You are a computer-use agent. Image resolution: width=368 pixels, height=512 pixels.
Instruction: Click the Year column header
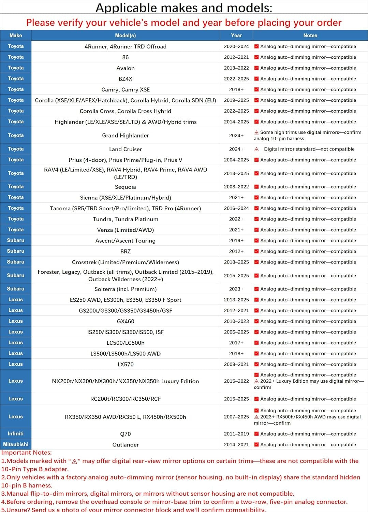[236, 35]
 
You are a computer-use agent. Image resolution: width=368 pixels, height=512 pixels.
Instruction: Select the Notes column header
[310, 35]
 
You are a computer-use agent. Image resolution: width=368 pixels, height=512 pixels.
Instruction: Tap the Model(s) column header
[125, 35]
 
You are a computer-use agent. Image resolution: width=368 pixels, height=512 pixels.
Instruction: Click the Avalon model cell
[126, 68]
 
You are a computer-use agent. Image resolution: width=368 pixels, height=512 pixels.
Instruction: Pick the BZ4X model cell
[126, 79]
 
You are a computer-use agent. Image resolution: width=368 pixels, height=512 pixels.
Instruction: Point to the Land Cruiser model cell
[126, 149]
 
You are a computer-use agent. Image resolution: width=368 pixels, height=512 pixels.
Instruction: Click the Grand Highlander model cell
[126, 136]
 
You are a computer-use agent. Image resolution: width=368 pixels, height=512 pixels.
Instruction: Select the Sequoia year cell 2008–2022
[236, 187]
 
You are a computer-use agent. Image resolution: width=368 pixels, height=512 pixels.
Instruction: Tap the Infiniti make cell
[16, 433]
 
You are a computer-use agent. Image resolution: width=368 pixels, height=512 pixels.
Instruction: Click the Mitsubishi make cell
[16, 444]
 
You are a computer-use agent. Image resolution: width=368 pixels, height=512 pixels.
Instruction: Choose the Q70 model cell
[126, 434]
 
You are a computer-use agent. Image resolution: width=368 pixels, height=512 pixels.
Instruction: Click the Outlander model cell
[126, 445]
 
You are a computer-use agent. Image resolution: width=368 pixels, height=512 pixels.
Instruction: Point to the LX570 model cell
[126, 364]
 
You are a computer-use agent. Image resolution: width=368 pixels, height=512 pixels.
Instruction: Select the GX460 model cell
[126, 321]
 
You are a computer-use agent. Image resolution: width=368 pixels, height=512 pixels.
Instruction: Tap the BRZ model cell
[126, 251]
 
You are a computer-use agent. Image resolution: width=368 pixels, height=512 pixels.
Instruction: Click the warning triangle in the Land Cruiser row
[256, 149]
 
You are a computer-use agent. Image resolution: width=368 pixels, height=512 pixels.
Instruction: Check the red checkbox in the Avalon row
[256, 68]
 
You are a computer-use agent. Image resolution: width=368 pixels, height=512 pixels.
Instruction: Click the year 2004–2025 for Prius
[236, 160]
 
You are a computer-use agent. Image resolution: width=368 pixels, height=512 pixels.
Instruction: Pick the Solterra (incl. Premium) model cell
[126, 289]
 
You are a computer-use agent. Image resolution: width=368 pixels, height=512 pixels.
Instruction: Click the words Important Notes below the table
[27, 453]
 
